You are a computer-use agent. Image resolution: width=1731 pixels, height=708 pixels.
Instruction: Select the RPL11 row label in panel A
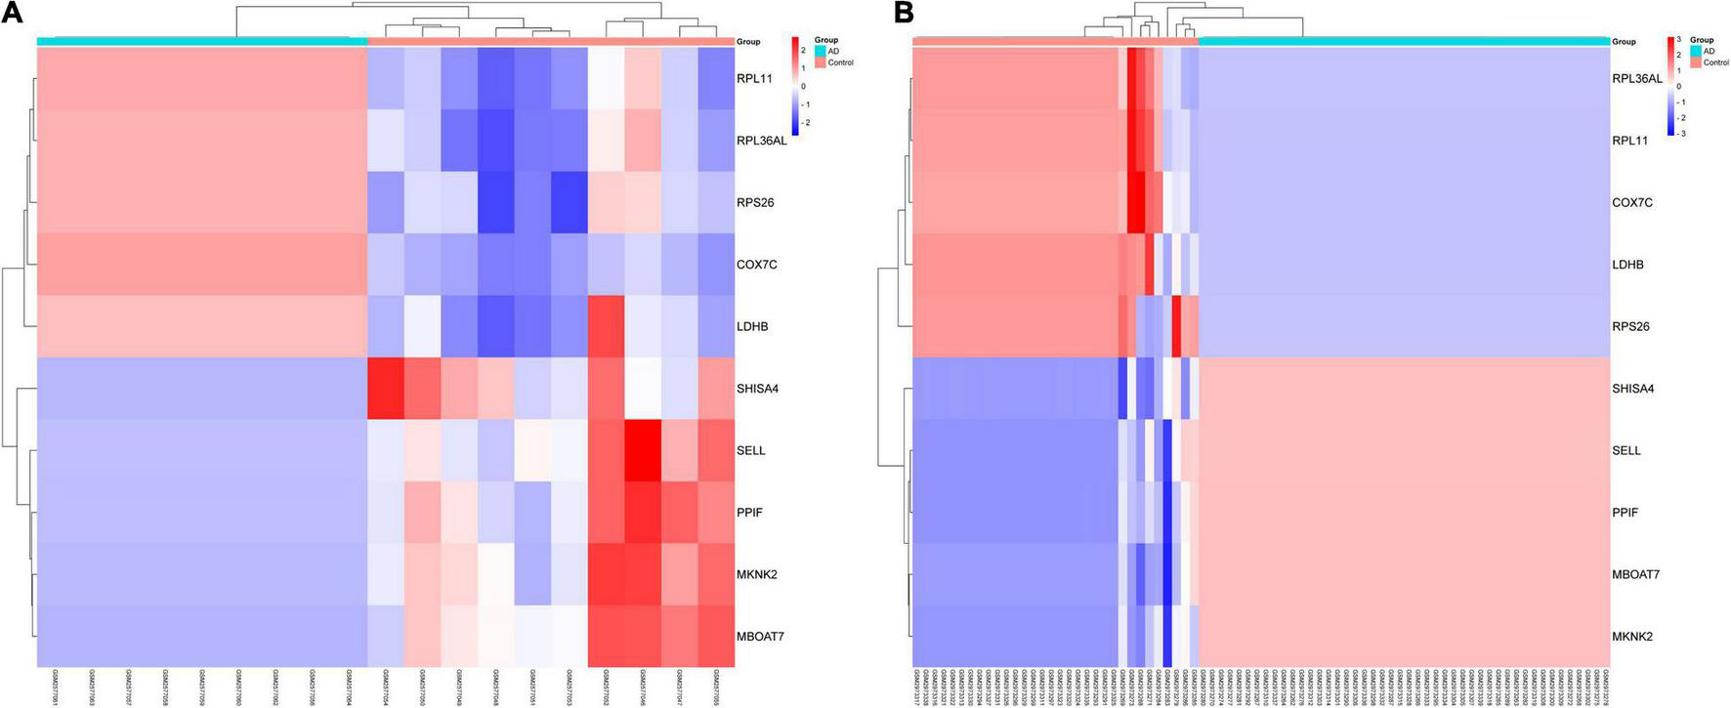[754, 78]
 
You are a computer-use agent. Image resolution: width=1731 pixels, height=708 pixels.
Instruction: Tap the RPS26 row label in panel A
[755, 202]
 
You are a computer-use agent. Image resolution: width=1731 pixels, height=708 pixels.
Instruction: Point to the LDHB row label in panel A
[752, 326]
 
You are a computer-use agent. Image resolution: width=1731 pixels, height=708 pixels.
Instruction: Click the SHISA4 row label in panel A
[758, 389]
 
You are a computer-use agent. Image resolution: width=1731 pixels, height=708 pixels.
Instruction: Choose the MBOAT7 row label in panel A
[760, 637]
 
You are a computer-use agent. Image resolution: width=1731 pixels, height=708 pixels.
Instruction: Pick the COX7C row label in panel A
[756, 265]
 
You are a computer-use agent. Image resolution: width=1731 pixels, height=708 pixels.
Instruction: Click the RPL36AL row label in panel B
[1637, 78]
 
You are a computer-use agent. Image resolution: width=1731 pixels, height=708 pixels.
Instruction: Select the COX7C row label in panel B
[1632, 202]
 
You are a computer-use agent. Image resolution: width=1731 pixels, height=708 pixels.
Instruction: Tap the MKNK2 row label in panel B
[1632, 637]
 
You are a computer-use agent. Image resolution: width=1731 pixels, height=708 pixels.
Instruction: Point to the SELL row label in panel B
[1626, 450]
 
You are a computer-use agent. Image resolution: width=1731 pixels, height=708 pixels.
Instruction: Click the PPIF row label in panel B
[1626, 513]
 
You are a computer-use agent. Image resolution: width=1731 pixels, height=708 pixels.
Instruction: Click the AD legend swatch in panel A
[820, 52]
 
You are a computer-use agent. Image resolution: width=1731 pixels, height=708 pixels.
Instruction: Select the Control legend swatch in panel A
[820, 62]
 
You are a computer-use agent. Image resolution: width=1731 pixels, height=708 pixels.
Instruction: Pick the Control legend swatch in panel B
[1696, 62]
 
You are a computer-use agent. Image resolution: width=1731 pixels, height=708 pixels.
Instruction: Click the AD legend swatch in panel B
[1696, 52]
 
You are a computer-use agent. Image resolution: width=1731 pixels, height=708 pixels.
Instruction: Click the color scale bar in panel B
[1671, 86]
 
